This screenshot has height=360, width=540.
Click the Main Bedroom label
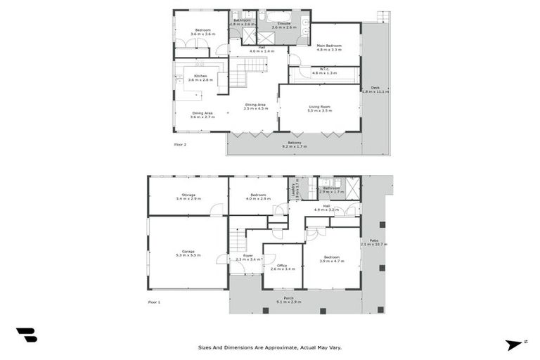328,46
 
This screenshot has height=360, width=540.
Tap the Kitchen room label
200,76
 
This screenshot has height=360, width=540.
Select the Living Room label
320,107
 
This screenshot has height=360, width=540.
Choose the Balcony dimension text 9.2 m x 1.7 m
295,146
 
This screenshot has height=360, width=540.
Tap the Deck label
375,87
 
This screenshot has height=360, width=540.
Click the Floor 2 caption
181,144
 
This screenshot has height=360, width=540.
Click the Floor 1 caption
154,302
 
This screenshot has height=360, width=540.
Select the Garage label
188,251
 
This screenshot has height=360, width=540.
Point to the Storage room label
188,195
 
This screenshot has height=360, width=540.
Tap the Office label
282,265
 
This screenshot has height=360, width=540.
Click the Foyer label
248,256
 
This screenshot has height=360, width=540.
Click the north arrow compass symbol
515,345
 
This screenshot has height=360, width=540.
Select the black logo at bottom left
27,335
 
